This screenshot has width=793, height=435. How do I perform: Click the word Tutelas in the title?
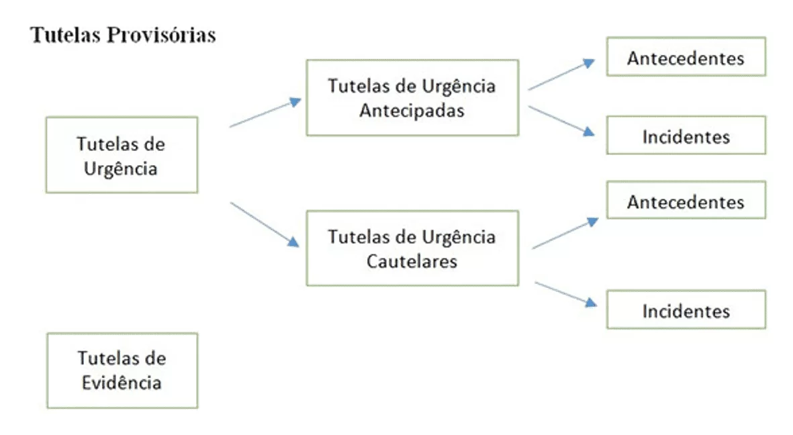point(65,36)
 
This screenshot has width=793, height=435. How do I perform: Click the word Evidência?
point(122,383)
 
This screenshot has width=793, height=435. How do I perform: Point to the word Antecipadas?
point(412,110)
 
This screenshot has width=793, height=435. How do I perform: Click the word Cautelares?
point(412,261)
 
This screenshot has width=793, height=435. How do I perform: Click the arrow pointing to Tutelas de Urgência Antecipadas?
point(265,112)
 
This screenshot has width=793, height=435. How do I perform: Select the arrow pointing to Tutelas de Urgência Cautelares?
point(265,225)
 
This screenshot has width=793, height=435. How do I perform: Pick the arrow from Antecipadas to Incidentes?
point(561,122)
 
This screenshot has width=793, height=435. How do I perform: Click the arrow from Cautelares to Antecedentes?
point(565,233)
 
